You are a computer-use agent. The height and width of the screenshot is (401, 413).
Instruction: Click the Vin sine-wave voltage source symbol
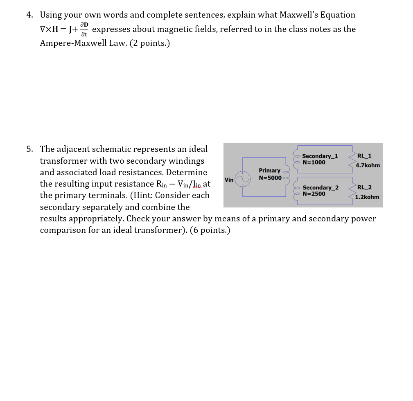pyautogui.click(x=242, y=178)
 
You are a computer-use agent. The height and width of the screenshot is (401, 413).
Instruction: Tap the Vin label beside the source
pyautogui.click(x=229, y=180)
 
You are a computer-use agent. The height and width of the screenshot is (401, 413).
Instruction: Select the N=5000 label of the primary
pyautogui.click(x=270, y=178)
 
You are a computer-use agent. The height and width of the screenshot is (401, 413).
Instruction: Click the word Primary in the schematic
pyautogui.click(x=269, y=170)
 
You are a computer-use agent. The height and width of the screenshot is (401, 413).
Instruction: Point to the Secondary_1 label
pyautogui.click(x=320, y=156)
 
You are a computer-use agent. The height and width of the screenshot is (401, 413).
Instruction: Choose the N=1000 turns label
pyautogui.click(x=314, y=162)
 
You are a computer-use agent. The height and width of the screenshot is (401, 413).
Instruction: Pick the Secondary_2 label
pyautogui.click(x=320, y=187)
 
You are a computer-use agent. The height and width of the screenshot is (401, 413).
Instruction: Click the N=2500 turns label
pyautogui.click(x=314, y=194)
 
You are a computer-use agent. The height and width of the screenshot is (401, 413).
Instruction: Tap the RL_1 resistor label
pyautogui.click(x=364, y=155)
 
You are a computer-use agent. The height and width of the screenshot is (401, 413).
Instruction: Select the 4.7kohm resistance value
pyautogui.click(x=368, y=165)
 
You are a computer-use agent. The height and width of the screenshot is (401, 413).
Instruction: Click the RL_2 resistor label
pyautogui.click(x=364, y=187)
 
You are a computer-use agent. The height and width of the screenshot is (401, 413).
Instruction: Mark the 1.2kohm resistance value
pyautogui.click(x=367, y=197)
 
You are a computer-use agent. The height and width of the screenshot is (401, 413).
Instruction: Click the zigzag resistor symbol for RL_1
pyautogui.click(x=351, y=161)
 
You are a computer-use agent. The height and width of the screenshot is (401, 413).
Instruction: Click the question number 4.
pyautogui.click(x=29, y=15)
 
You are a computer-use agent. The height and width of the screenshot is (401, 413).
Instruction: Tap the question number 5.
pyautogui.click(x=29, y=149)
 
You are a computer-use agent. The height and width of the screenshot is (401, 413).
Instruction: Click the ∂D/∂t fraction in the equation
pyautogui.click(x=84, y=29)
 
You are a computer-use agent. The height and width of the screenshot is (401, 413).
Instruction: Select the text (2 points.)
pyautogui.click(x=149, y=43)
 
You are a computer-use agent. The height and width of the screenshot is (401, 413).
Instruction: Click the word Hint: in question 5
pyautogui.click(x=142, y=195)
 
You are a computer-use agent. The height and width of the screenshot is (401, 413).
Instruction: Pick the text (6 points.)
pyautogui.click(x=210, y=230)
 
